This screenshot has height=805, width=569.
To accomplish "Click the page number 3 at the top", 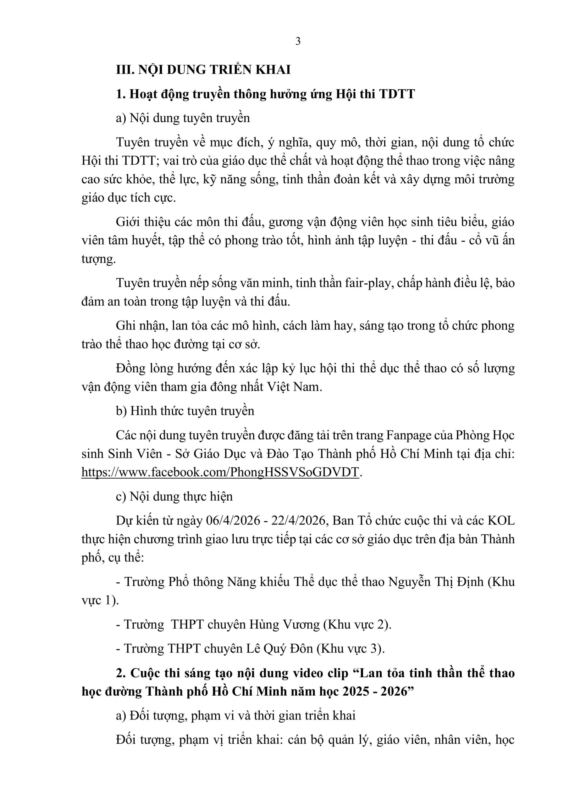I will click(x=298, y=42).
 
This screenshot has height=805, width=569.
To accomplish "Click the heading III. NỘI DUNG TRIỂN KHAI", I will click(x=203, y=70).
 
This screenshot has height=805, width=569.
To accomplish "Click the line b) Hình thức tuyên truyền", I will click(x=185, y=411).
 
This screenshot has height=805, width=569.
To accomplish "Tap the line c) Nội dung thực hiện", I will click(x=174, y=497).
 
